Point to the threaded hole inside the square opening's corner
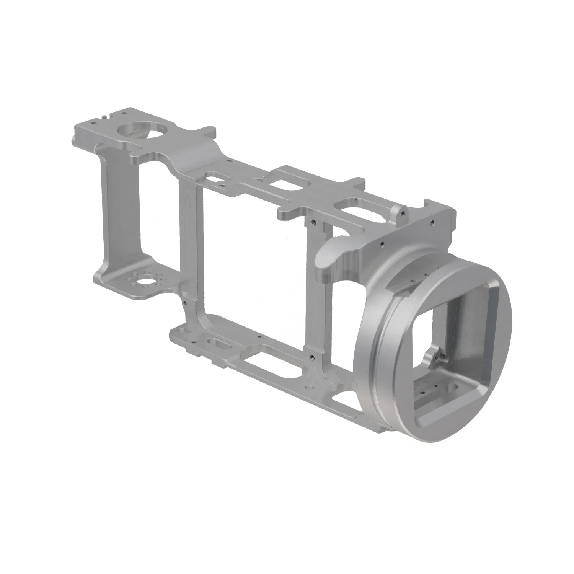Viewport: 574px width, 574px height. point(435,358)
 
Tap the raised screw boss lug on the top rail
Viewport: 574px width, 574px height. point(399,210)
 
